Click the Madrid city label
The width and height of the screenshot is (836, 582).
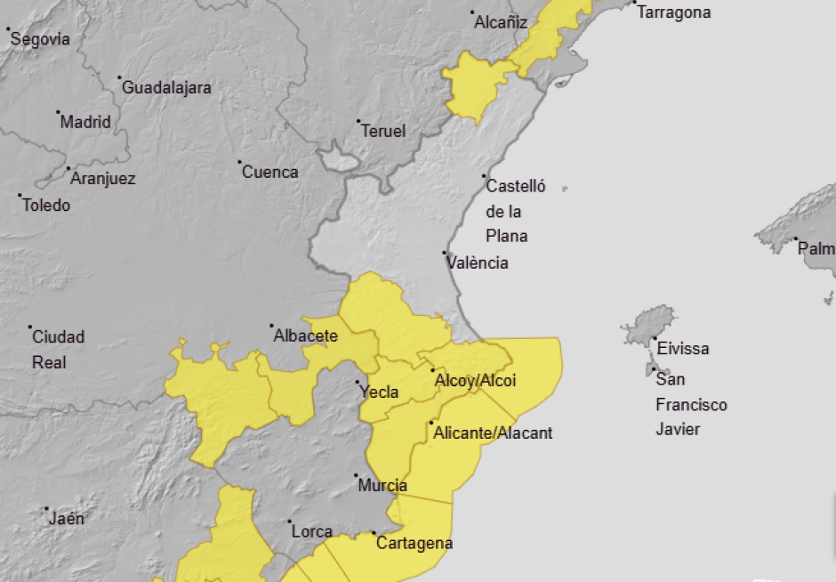85,122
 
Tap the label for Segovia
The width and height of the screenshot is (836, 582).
40,39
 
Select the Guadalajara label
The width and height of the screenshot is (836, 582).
166,88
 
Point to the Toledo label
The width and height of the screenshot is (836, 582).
46,205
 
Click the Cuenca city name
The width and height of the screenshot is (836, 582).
270,172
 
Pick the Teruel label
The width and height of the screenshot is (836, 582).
383,131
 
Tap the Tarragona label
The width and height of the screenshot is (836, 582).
674,12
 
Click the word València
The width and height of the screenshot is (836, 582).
478,263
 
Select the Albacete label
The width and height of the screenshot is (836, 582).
306,335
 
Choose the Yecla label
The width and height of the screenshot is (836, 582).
379,392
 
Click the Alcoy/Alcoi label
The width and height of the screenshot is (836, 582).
475,381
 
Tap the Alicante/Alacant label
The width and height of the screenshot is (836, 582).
493,433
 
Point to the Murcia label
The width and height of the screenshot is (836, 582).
382,486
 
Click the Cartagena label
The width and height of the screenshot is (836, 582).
414,543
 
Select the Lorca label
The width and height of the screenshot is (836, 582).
312,531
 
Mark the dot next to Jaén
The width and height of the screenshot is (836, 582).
46,509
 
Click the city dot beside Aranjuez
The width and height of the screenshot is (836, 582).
68,168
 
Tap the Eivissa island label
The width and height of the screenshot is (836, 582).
683,349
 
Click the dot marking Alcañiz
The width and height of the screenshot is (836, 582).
472,13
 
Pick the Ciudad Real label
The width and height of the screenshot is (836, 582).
59,349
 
